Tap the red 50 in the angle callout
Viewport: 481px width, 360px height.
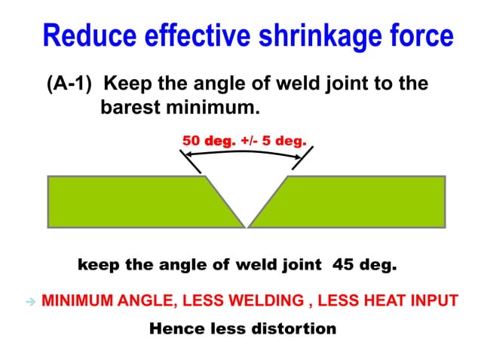point(191,140)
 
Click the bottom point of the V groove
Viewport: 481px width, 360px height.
point(247,225)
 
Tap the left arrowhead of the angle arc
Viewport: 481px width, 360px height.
point(189,155)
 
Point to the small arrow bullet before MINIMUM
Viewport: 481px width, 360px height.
point(30,301)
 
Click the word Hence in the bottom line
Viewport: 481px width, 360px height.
point(172,328)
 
